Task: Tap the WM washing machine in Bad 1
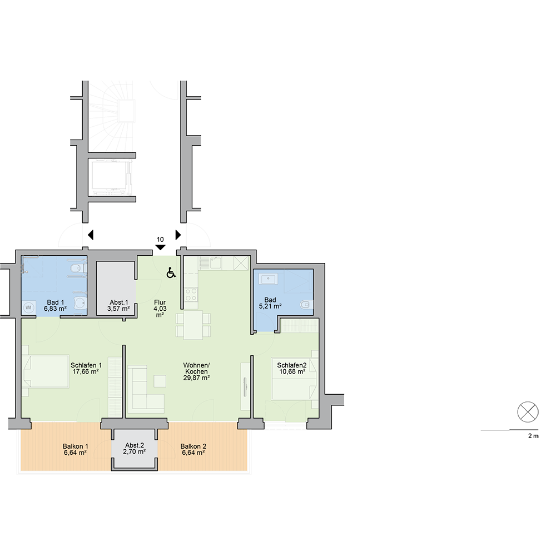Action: [x=28, y=306]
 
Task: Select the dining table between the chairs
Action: [x=193, y=325]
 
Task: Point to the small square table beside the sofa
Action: [x=160, y=381]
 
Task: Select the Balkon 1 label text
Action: [x=75, y=446]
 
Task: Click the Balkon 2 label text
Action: [x=193, y=446]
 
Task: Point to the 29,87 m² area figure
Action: [x=197, y=378]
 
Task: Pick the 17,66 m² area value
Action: [x=86, y=373]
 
